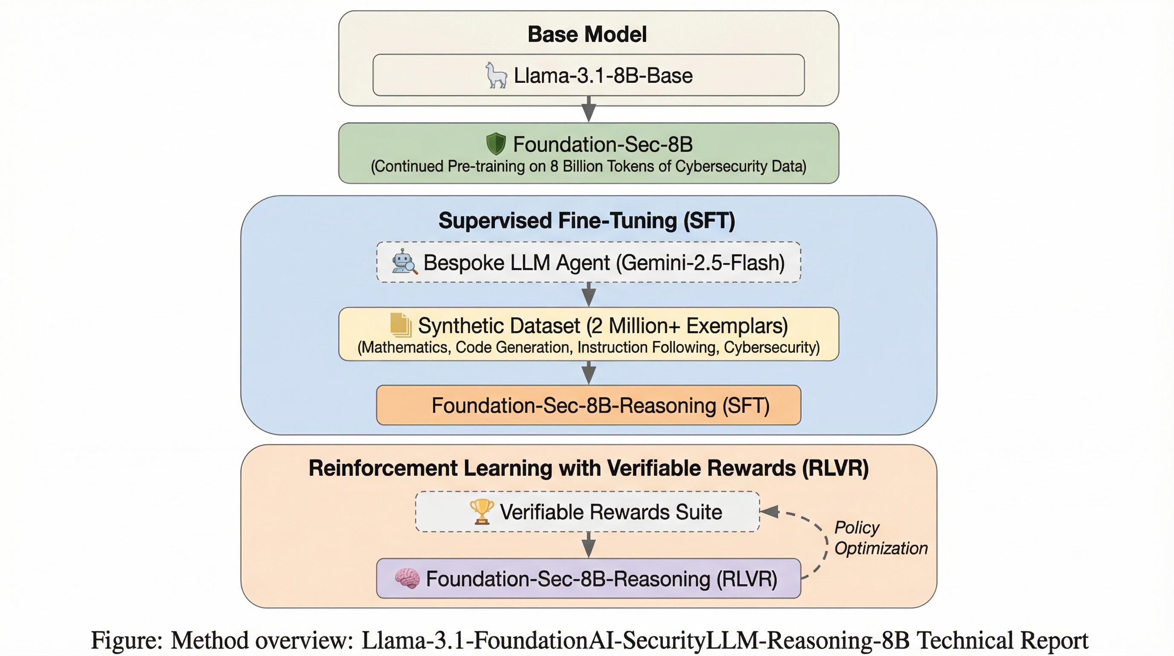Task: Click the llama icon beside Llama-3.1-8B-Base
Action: [x=496, y=75]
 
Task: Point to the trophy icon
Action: [x=481, y=511]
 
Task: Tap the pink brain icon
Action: [x=407, y=578]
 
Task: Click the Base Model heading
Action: [x=587, y=34]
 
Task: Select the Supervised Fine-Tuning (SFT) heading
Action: [x=587, y=221]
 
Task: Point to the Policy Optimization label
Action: [x=880, y=538]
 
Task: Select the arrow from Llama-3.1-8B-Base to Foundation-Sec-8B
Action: [x=589, y=109]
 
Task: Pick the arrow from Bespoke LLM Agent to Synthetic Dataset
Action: [x=589, y=295]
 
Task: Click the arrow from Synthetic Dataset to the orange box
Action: [x=589, y=373]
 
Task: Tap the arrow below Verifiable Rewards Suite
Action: [x=589, y=545]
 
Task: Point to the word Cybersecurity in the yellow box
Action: [x=770, y=348]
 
